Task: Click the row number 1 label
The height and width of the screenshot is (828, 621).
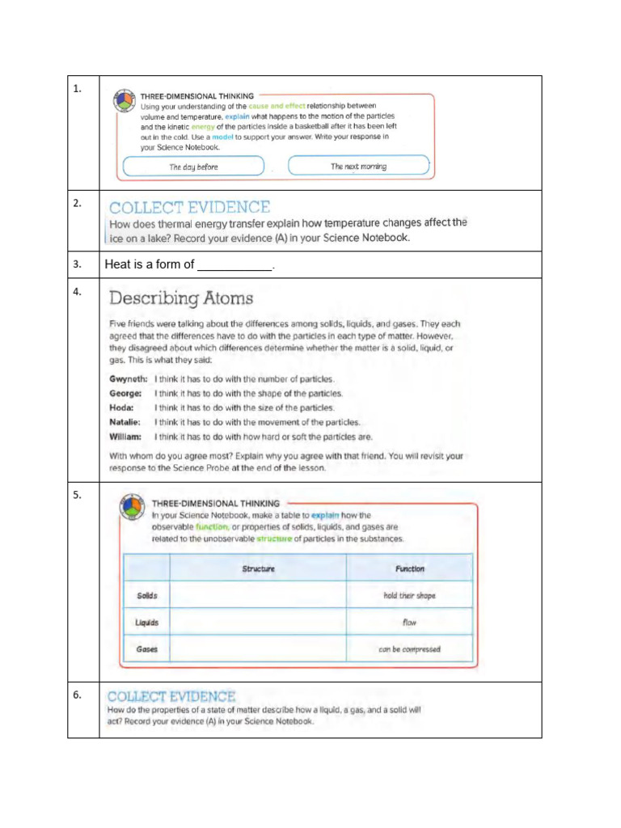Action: pyautogui.click(x=77, y=90)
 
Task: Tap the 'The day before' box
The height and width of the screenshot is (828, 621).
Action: pyautogui.click(x=193, y=167)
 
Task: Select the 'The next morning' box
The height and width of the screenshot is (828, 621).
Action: pyautogui.click(x=358, y=166)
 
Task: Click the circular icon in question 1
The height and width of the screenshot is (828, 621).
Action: pyautogui.click(x=124, y=100)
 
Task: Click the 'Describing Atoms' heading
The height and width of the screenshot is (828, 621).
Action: pyautogui.click(x=181, y=298)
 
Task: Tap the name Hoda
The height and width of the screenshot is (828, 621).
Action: pyautogui.click(x=120, y=408)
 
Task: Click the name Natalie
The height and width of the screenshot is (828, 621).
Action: pyautogui.click(x=125, y=422)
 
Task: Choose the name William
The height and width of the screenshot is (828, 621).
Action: pyautogui.click(x=125, y=437)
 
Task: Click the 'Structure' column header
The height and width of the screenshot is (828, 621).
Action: pyautogui.click(x=259, y=568)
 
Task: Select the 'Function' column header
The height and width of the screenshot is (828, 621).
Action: pyautogui.click(x=409, y=568)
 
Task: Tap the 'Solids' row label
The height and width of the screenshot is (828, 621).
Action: pyautogui.click(x=147, y=596)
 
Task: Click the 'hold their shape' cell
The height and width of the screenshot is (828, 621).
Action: pyautogui.click(x=409, y=596)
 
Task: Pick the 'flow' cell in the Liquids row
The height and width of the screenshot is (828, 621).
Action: pyautogui.click(x=409, y=623)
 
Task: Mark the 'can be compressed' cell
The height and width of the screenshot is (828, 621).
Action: pyautogui.click(x=409, y=649)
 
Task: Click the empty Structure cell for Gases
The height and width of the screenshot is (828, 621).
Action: pyautogui.click(x=259, y=649)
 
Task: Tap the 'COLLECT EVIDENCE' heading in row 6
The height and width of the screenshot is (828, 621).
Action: pyautogui.click(x=171, y=696)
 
